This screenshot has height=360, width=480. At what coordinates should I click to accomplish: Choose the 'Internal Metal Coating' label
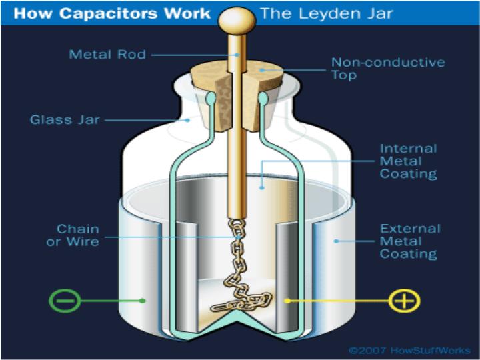408,161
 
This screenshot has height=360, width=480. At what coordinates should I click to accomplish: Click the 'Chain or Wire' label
73,235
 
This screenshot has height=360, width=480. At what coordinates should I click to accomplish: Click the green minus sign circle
65,301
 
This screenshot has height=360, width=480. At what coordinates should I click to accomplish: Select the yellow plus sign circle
404,301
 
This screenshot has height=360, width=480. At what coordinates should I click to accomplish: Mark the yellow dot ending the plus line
287,301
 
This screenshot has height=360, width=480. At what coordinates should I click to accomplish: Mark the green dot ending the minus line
143,301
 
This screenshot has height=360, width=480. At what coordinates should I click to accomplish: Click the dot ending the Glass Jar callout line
188,120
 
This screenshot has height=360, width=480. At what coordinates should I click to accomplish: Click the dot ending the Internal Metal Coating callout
261,188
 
